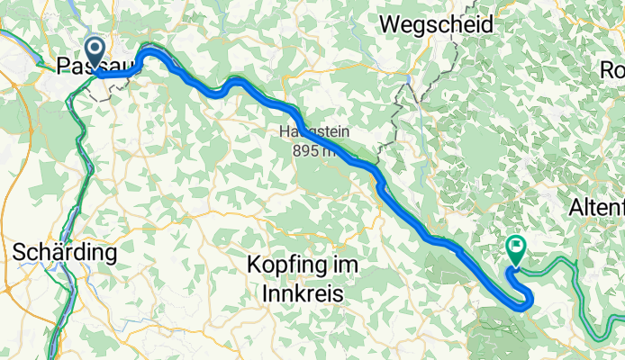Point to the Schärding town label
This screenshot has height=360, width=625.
[65, 253]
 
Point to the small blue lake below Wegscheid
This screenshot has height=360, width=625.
[410, 80]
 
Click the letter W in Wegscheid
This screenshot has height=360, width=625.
[389, 25]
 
